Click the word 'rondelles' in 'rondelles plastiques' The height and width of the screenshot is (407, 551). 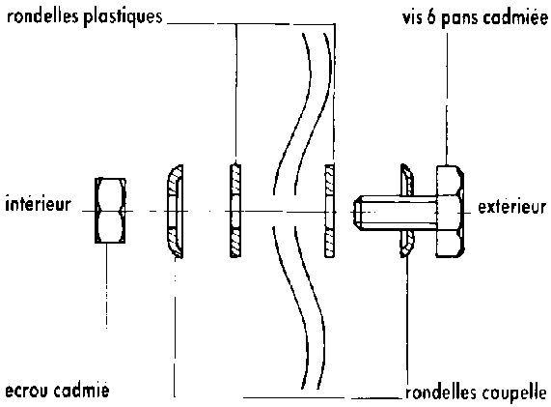42,16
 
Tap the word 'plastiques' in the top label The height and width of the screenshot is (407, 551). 123,17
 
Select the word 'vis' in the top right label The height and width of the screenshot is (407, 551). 412,17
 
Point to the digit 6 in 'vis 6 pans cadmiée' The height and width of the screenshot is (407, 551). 431,17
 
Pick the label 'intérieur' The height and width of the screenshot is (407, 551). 39,204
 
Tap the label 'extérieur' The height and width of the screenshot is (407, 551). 512,207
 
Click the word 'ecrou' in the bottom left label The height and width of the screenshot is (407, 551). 27,391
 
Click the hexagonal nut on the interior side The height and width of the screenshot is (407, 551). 110,211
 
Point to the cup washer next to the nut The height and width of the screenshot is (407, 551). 175,212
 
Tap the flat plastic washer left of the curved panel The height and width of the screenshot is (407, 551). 235,211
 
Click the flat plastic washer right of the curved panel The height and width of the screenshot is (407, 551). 329,211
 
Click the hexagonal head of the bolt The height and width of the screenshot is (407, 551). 450,212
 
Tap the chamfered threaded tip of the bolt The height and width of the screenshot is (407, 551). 357,213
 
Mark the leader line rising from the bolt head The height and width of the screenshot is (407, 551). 447,100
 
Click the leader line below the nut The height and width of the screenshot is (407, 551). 107,286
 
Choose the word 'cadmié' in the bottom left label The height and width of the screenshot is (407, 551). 82,391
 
